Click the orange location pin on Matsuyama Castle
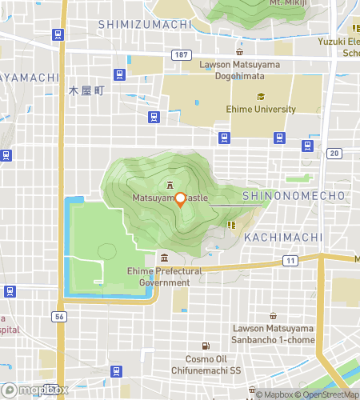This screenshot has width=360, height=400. [x=180, y=199]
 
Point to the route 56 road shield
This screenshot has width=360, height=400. [x=60, y=317]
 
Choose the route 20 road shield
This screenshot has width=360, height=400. [x=334, y=153]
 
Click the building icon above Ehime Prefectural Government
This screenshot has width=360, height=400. [x=164, y=258]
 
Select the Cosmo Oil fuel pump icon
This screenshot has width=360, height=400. [x=206, y=346]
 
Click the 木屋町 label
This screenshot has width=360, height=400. [x=86, y=91]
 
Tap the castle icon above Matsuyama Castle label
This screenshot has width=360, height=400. [x=169, y=182]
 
